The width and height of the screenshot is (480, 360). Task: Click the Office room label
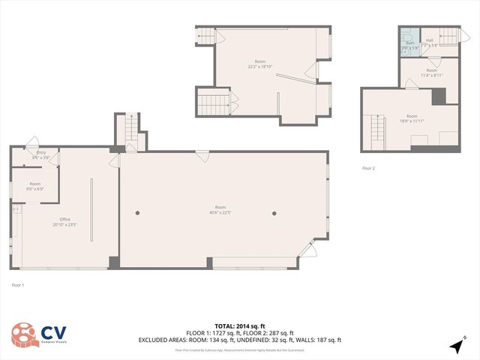click(x=65, y=219)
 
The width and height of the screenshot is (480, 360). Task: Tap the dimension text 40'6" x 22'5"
click(x=220, y=212)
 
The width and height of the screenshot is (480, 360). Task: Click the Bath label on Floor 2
click(x=410, y=43)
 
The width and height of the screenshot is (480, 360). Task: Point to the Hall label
click(x=430, y=40)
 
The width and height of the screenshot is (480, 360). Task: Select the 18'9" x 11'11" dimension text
click(x=412, y=121)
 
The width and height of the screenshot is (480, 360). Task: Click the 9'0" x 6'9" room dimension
click(x=35, y=189)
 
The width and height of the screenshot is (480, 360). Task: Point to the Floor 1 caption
click(x=18, y=285)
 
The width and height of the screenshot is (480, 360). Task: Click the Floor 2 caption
click(x=368, y=168)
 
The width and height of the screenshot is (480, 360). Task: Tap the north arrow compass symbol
click(x=456, y=346)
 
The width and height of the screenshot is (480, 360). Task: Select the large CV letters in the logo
click(x=55, y=331)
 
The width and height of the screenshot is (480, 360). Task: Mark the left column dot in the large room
click(x=137, y=213)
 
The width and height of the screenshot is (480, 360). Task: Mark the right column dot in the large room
click(x=275, y=213)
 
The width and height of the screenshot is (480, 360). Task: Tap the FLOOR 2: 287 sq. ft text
click(x=271, y=333)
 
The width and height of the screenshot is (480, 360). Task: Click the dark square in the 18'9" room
click(x=439, y=96)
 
